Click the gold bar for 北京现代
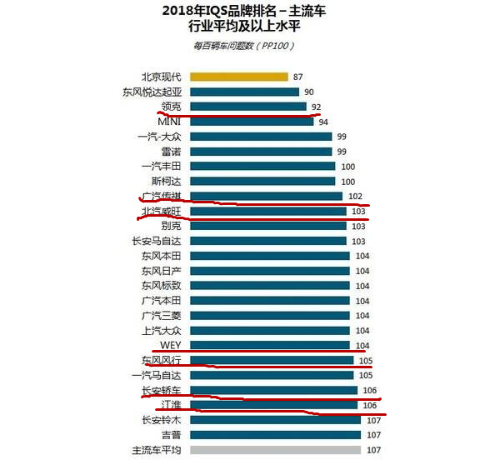[x=238, y=77]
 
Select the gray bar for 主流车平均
[x=275, y=450]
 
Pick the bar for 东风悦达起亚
[x=244, y=92]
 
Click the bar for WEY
[x=269, y=345]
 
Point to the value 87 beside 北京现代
[x=298, y=77]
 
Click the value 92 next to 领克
[x=315, y=107]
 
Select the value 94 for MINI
[x=322, y=122]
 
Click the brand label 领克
[x=172, y=107]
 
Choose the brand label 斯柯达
[x=163, y=181]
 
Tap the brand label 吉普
[x=172, y=435]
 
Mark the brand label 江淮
[x=172, y=405]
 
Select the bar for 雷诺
[x=261, y=152]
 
